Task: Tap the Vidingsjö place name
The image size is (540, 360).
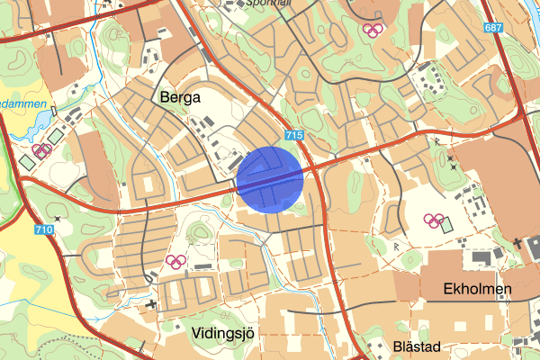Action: [225, 333]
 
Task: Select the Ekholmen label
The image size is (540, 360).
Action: [478, 289]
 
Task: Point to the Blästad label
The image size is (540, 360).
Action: [418, 346]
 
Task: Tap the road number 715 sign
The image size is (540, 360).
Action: [292, 134]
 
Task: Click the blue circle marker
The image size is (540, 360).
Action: [270, 180]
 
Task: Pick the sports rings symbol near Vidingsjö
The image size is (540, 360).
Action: [175, 262]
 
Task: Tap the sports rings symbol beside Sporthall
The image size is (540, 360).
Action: [373, 29]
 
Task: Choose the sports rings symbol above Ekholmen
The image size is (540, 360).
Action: [433, 220]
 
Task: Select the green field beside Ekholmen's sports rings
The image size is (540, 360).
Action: [447, 223]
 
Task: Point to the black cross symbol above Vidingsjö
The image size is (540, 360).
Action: [151, 303]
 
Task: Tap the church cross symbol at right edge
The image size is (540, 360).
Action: [519, 242]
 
